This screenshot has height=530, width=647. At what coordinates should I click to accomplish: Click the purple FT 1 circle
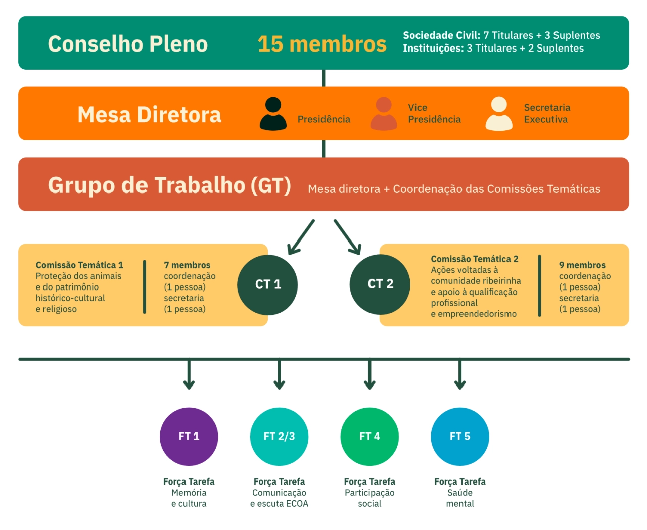tap(189, 437)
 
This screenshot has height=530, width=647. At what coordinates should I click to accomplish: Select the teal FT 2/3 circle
tap(279, 437)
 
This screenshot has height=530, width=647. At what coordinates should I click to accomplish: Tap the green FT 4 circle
tap(369, 437)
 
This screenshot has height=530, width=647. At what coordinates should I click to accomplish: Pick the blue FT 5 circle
tap(460, 437)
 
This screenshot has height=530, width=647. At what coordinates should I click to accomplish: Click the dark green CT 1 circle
tap(267, 284)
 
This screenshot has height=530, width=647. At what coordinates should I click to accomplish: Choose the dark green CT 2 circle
tap(380, 284)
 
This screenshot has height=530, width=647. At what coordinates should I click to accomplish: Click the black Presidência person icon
tap(273, 114)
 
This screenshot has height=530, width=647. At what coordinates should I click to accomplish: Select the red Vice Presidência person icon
tap(384, 114)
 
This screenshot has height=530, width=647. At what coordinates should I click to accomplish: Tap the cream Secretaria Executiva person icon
tap(499, 114)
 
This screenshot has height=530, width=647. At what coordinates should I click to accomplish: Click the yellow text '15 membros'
tap(322, 44)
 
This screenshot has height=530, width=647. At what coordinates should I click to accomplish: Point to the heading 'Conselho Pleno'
tap(128, 44)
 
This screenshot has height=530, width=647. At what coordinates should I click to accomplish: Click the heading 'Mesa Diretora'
tap(150, 115)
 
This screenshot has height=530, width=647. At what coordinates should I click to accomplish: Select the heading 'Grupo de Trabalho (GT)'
tap(169, 185)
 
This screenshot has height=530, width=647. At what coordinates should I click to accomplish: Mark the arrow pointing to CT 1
tap(301, 236)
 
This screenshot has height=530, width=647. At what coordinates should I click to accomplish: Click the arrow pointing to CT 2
tap(348, 236)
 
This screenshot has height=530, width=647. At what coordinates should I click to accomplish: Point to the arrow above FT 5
tap(460, 374)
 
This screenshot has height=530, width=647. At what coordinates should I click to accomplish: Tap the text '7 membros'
tap(187, 265)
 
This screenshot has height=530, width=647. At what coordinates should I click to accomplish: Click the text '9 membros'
tap(582, 265)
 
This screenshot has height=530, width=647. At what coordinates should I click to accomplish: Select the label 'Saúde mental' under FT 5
tap(460, 498)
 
